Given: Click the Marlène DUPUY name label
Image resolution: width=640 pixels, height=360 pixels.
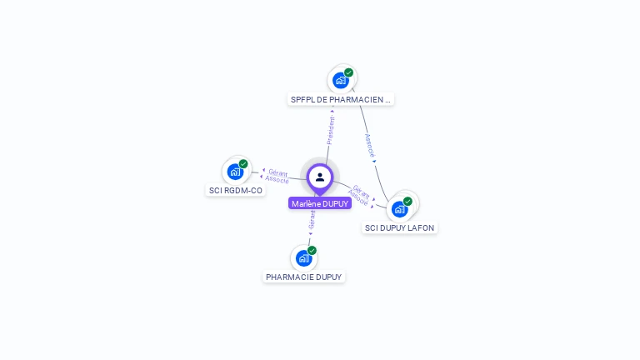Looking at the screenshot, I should (x=320, y=203).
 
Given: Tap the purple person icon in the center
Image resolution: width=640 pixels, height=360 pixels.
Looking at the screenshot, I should (x=320, y=177).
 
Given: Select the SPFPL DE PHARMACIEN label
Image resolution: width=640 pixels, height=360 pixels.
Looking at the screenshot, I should (x=340, y=99).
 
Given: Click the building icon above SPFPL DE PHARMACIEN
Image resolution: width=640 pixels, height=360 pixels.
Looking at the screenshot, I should (x=340, y=80).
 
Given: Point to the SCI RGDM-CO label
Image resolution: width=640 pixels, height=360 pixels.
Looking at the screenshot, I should (x=235, y=190).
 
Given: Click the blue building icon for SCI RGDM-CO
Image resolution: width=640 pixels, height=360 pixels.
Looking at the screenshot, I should (x=235, y=172).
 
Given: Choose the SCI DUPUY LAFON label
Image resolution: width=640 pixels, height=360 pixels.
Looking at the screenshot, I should (x=400, y=227).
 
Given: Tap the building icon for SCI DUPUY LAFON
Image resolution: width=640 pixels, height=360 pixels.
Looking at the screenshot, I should (x=400, y=208).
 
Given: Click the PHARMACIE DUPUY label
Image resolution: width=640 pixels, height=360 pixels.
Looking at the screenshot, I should (x=304, y=277).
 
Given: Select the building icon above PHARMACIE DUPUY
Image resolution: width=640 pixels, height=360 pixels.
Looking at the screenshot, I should (x=303, y=257).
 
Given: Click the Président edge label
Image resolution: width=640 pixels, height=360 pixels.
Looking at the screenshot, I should (x=331, y=130).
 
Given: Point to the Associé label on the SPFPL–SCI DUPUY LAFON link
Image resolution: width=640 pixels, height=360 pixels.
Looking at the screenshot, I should (x=369, y=145).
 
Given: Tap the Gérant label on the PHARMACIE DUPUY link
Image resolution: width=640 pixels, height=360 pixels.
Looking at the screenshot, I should (x=312, y=219).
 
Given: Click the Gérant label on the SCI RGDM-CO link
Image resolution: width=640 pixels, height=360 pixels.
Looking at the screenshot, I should (x=277, y=172).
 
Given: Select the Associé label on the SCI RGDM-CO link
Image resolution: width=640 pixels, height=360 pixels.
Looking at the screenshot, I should (x=277, y=179).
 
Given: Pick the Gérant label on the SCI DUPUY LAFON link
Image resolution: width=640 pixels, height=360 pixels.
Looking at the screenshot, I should (x=362, y=190).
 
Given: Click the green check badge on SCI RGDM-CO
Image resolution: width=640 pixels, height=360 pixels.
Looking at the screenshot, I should (x=243, y=164).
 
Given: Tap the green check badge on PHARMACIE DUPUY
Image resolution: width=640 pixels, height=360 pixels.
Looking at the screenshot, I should (x=312, y=250).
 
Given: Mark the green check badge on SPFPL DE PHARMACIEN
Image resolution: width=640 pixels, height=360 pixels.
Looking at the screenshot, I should (x=348, y=72).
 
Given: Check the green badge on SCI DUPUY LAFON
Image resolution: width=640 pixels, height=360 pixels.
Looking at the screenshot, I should (x=407, y=201).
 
